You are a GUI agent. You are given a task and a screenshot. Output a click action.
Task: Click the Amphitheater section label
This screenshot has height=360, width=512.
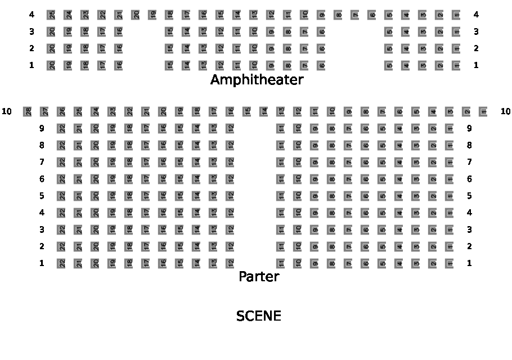tap(257, 80)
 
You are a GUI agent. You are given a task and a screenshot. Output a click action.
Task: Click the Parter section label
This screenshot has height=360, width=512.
tap(259, 277)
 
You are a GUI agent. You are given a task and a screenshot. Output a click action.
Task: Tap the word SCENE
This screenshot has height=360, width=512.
tap(258, 316)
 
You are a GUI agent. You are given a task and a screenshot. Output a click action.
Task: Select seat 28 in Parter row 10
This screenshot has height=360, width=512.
tap(28, 111)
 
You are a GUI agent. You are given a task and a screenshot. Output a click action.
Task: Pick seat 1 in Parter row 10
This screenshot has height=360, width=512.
tap(483, 111)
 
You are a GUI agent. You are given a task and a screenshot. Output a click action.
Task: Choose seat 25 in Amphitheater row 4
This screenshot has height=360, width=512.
tap(51, 15)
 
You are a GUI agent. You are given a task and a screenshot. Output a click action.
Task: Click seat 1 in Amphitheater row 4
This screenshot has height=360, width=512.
tap(456, 15)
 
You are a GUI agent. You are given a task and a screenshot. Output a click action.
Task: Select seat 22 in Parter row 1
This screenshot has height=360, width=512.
tap(61, 263)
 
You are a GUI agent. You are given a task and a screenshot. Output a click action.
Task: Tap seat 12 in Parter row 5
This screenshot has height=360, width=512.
tap(230, 196)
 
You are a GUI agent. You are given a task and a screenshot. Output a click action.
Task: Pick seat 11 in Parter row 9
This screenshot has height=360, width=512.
tap(281, 128)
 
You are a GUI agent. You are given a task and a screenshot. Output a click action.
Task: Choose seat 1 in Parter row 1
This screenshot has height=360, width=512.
tap(450, 263)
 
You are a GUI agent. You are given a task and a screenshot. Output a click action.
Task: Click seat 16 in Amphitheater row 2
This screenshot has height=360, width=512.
tap(119, 48)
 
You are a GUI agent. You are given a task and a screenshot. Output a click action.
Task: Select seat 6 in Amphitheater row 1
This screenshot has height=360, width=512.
tap(321, 65)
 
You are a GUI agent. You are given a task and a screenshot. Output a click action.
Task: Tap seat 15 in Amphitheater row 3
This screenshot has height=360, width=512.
tap(169, 31)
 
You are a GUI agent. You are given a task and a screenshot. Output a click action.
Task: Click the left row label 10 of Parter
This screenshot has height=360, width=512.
tap(7, 111)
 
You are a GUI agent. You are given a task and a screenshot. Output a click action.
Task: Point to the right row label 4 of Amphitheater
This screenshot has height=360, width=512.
tap(476, 15)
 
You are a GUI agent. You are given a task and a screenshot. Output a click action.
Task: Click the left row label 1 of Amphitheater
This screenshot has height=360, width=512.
tap(32, 65)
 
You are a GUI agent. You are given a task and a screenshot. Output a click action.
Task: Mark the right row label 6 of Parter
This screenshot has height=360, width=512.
tap(469, 179)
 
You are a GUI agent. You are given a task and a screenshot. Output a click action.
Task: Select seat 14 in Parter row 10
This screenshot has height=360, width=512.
tap(264, 111)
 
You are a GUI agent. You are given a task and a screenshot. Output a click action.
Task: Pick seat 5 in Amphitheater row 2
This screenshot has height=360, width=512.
tap(389, 48)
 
